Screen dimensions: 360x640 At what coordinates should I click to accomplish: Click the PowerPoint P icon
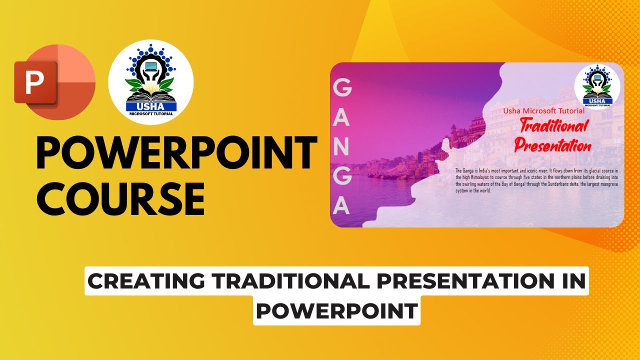35,83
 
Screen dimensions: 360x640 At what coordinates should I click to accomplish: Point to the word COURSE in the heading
120,198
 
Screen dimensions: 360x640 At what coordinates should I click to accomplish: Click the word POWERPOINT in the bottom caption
336,311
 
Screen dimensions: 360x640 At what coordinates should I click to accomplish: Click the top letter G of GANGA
342,89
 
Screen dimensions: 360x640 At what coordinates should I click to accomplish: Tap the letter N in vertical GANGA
342,146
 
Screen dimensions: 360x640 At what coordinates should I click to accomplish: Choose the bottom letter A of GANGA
342,204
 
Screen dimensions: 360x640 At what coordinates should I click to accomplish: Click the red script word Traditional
554,127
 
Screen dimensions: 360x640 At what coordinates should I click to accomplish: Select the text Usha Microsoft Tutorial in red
543,111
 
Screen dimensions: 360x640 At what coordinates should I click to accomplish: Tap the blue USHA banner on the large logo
151,106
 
